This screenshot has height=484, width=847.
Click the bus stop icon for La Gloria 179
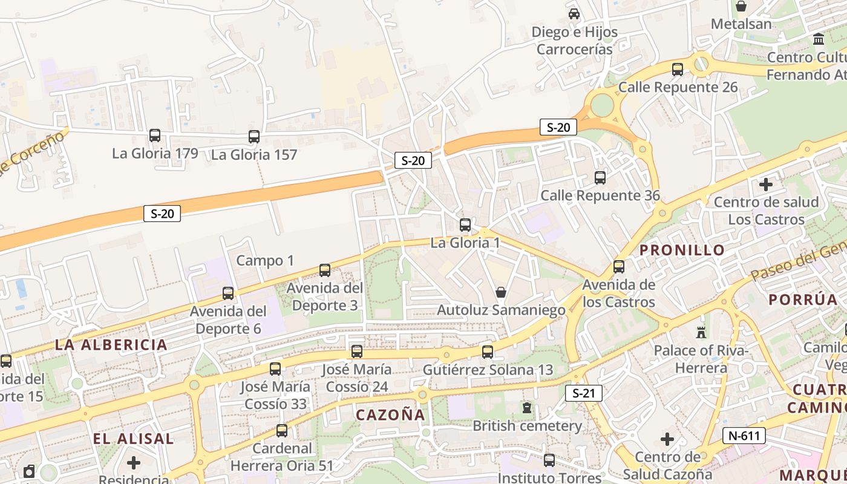click(155, 136)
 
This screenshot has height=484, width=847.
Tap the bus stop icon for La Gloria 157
click(254, 137)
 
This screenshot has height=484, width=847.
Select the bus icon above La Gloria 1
click(465, 225)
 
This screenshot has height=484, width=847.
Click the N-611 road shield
click(744, 435)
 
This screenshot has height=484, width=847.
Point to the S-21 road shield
click(584, 393)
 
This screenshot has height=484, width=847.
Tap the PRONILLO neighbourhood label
click(682, 250)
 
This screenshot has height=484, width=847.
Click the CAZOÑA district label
click(390, 415)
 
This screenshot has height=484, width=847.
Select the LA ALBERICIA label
click(111, 345)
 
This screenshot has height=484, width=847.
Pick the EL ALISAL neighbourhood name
click(134, 439)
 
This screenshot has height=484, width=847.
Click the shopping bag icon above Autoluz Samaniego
click(501, 292)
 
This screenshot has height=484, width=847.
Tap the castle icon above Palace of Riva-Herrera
click(701, 332)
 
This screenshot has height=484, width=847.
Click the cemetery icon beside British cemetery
click(527, 408)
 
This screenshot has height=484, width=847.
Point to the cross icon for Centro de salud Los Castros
click(766, 184)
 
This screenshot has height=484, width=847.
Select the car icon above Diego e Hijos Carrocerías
click(574, 13)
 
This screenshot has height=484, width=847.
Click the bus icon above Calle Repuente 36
click(600, 178)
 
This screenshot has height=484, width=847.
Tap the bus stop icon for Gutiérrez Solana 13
click(488, 352)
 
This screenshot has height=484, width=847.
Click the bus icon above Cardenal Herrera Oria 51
click(282, 431)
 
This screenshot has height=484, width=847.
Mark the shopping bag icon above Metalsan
click(741, 6)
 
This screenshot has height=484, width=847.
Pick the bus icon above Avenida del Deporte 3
click(325, 270)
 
